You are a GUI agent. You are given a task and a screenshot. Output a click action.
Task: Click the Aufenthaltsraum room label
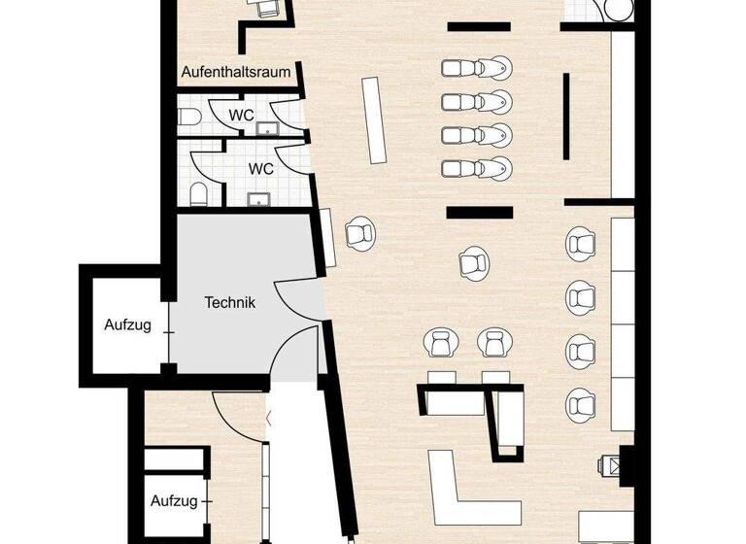point(236,73)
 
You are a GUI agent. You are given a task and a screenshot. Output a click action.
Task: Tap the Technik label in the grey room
point(230,302)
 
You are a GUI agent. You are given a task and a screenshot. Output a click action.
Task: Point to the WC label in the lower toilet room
point(260,168)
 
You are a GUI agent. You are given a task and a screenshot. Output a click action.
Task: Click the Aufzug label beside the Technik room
point(128,325)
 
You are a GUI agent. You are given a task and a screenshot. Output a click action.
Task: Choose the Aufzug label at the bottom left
point(174,502)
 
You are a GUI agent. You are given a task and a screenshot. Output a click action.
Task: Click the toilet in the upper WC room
point(188,118)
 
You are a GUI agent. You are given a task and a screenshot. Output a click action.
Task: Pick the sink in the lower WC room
point(259,200)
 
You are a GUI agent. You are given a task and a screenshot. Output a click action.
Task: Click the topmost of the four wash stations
point(477,68)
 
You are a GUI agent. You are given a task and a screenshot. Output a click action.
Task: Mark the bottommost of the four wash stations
point(477,168)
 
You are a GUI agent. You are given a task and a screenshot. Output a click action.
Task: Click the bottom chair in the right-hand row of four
point(581,401)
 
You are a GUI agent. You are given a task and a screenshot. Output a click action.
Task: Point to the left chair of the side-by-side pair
point(438,342)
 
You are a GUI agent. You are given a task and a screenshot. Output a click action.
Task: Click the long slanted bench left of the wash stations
point(375,121)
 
